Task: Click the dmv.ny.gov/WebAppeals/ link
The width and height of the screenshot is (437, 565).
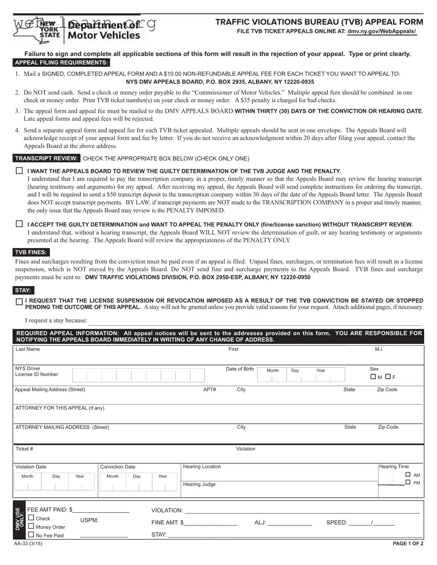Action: [382, 32]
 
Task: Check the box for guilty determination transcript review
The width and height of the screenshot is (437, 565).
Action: [19, 171]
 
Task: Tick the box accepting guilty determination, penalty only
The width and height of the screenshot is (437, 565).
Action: [19, 224]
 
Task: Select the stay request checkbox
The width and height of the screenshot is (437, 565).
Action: [19, 302]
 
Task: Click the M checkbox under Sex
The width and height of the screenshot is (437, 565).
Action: [373, 377]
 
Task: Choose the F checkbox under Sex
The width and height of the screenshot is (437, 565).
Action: [388, 377]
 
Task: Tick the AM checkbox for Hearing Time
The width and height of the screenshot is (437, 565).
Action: [408, 474]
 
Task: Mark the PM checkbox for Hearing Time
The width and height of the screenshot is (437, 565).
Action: [408, 482]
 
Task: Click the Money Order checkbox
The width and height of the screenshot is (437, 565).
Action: [31, 526]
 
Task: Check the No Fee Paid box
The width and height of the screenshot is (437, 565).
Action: [31, 535]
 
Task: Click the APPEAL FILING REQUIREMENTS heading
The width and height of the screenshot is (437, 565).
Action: [61, 63]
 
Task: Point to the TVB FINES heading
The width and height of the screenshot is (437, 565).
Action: [31, 252]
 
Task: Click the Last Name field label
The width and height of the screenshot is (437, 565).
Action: [28, 349]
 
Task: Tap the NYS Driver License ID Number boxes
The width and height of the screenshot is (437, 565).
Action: [139, 375]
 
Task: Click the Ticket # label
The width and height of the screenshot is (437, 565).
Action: [24, 449]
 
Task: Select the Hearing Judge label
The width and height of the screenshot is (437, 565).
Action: [199, 484]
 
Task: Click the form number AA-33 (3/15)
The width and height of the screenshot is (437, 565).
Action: [28, 544]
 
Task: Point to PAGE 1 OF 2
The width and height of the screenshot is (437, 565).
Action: [408, 544]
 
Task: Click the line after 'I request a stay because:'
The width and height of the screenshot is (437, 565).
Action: [255, 321]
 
